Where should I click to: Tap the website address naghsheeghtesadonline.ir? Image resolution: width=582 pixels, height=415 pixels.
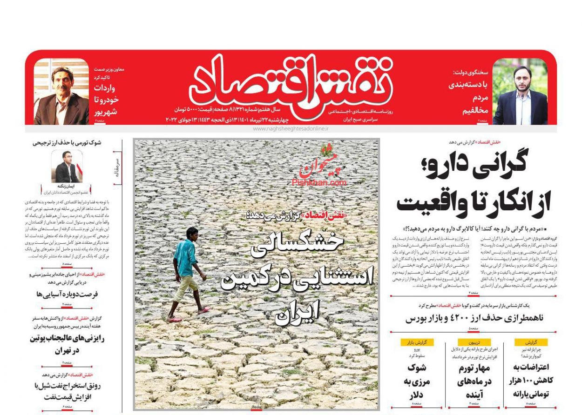(x=291, y=128)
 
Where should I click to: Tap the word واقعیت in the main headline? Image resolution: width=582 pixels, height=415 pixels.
(x=429, y=202)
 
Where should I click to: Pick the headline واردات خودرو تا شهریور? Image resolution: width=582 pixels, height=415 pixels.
(x=107, y=100)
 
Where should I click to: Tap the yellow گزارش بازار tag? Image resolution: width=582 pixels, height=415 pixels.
(x=417, y=342)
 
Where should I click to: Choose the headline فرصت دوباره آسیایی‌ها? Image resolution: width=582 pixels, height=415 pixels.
(x=67, y=294)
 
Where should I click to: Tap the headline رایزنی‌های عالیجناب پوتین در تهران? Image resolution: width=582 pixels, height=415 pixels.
(x=67, y=345)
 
